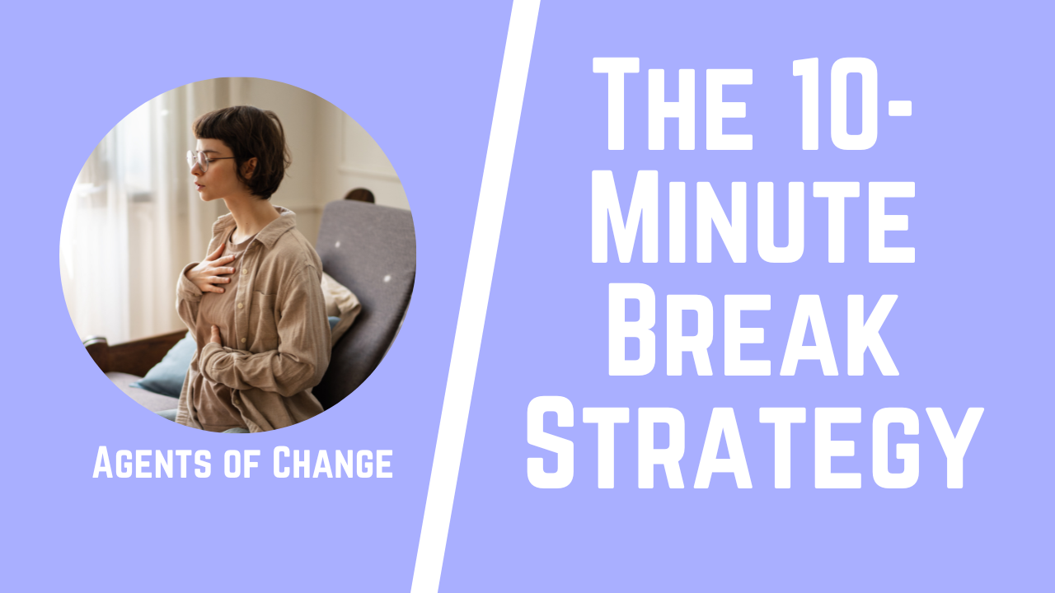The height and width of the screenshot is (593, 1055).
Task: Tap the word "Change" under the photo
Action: (x=333, y=465)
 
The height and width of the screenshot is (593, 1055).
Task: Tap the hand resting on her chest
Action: (x=210, y=272)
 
